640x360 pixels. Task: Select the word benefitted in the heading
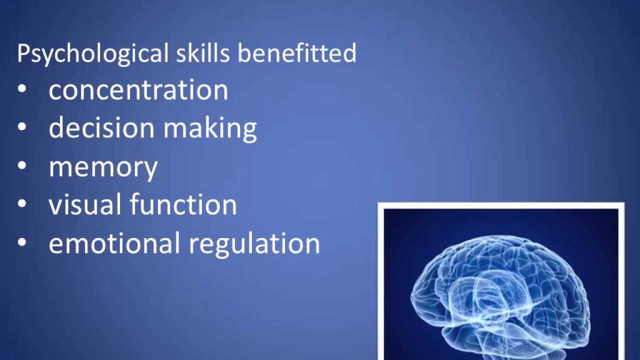coord(296,52)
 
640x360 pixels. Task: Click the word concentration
coord(138,90)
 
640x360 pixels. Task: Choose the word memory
coord(103,167)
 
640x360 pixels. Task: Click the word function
coord(183,204)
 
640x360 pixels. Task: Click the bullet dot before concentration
coord(22,89)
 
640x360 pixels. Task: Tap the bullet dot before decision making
coord(22,127)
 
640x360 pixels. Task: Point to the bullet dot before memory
coord(22,165)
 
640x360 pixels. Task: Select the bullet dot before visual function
coord(22,203)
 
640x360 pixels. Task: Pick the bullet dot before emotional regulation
coord(22,242)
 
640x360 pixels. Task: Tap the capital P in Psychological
coord(23,53)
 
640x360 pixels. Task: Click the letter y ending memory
coord(149,169)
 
